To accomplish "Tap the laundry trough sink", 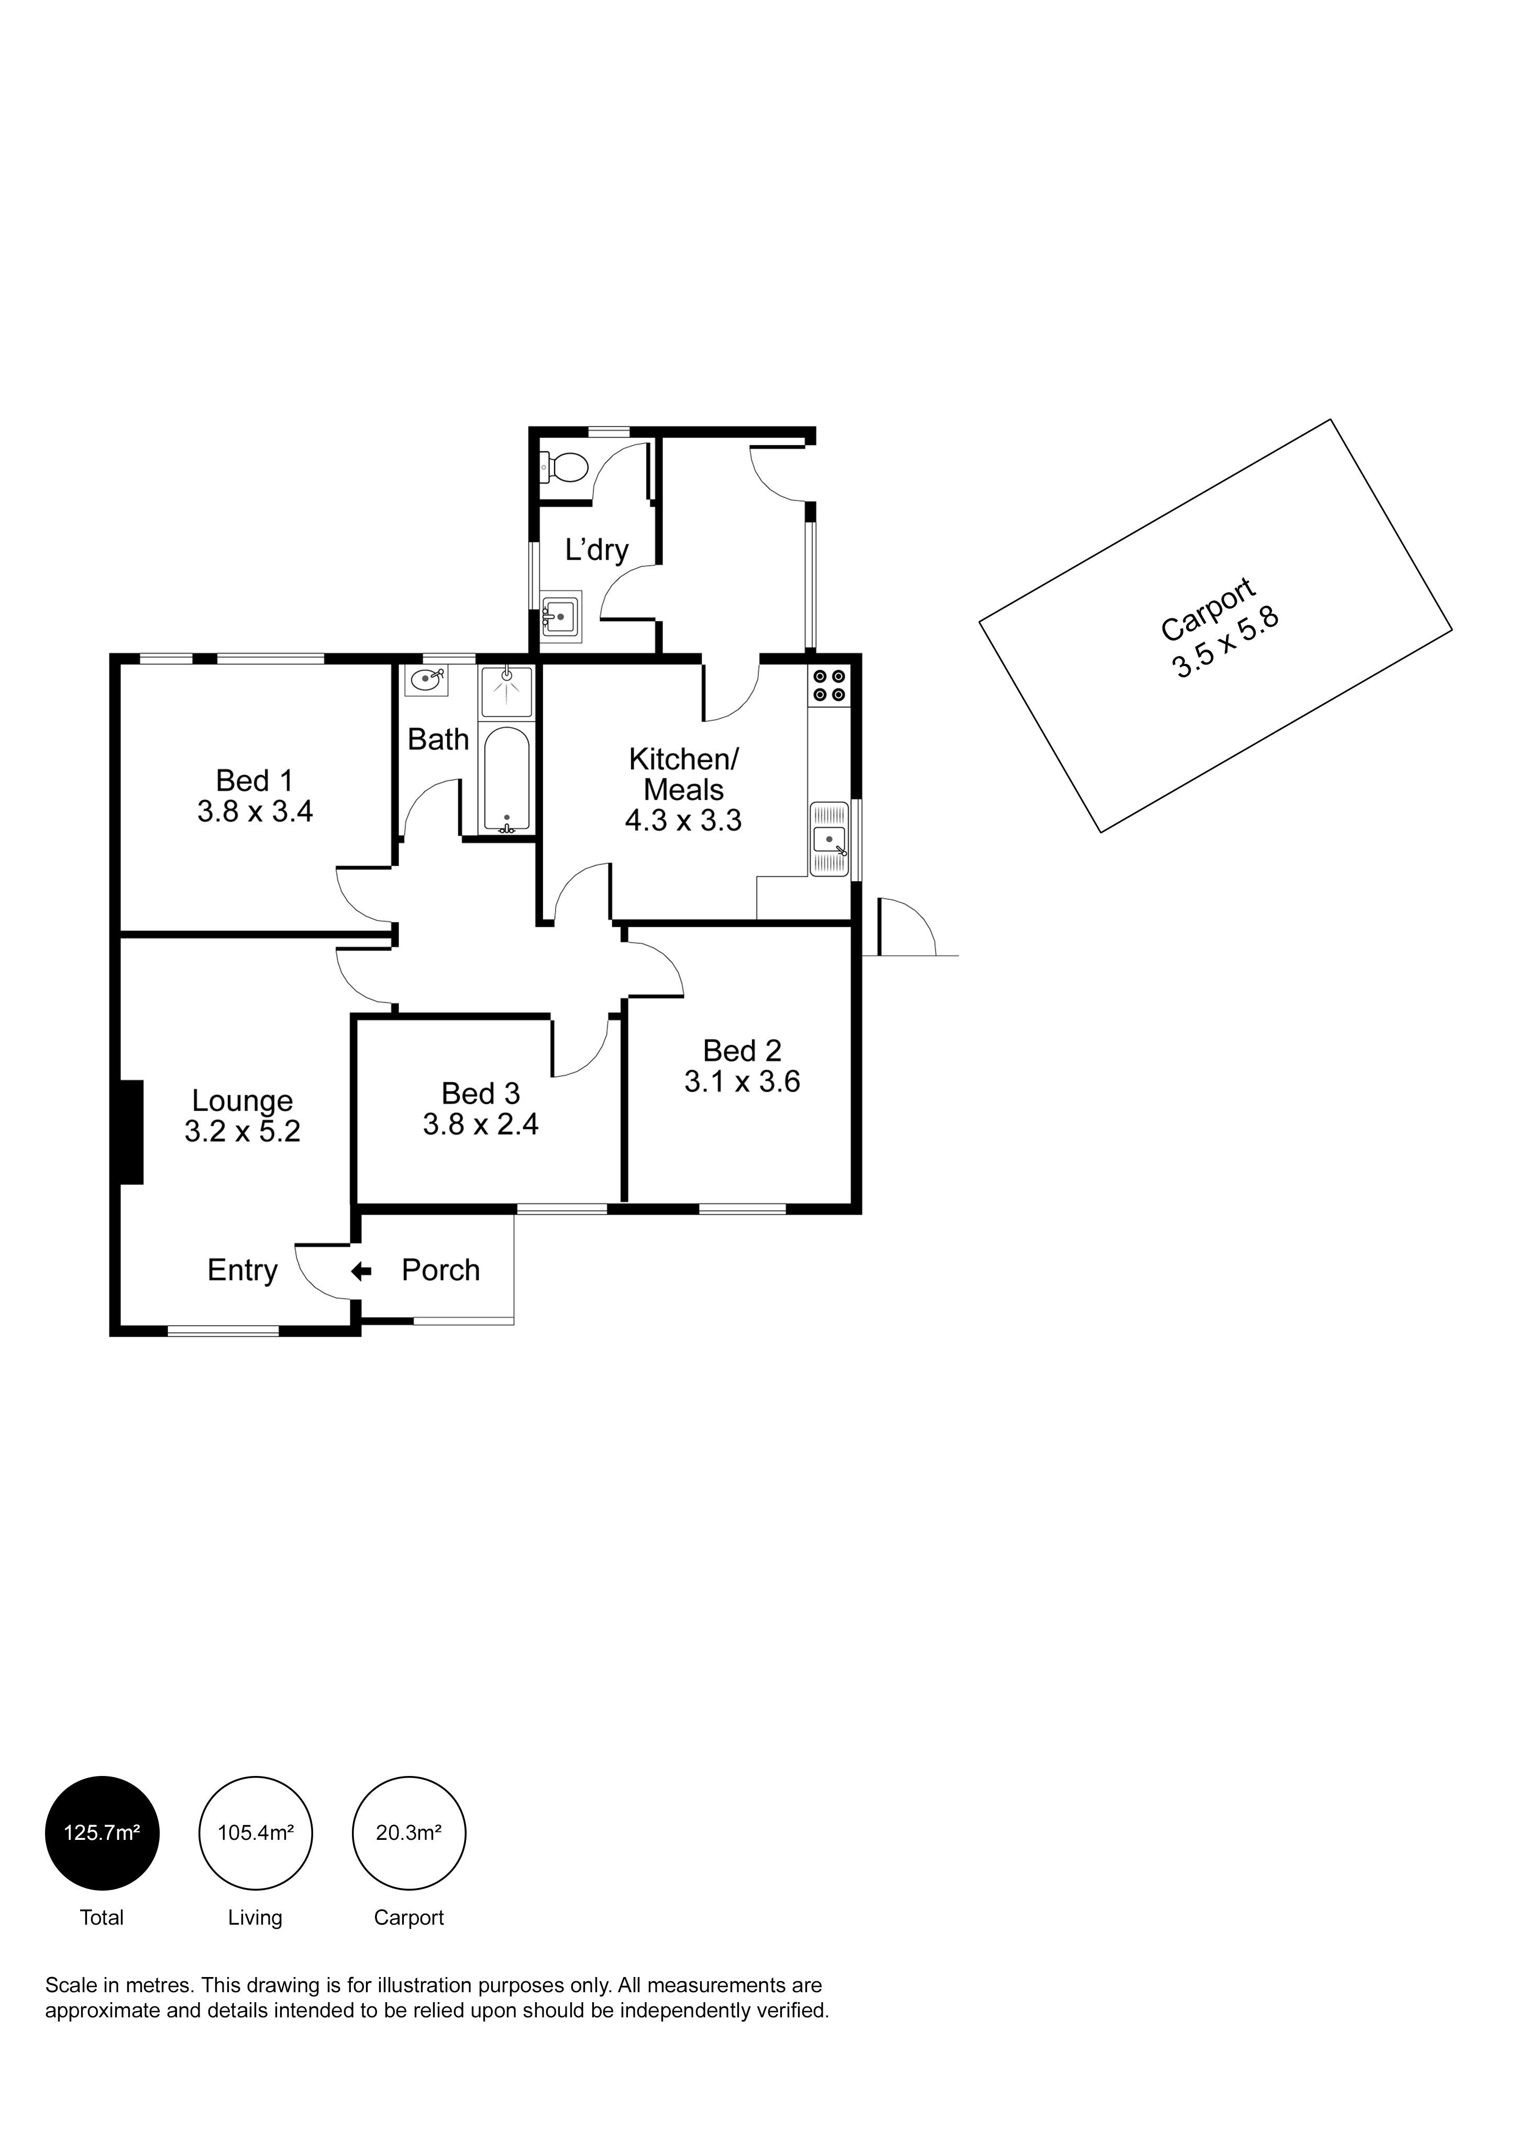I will [561, 616].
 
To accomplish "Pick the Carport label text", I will [1208, 610].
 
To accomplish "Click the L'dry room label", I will [596, 550].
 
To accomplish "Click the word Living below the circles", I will [255, 1917].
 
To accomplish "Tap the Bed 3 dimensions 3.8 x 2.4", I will [481, 1124].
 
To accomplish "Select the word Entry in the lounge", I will [242, 1270].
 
